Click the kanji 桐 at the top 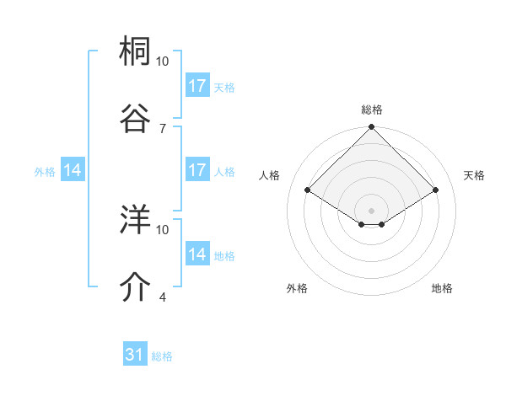[136, 52]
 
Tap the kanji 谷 [136, 117]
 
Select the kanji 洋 [136, 220]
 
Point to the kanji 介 [136, 286]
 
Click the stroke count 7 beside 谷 [162, 128]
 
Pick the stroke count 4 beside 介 [162, 297]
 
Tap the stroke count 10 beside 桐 [162, 62]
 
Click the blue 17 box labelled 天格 [197, 86]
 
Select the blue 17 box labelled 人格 [197, 170]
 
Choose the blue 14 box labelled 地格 [197, 254]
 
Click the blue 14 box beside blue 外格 [73, 170]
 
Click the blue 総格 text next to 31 [162, 356]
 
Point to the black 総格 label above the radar [371, 110]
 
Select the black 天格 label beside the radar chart [474, 175]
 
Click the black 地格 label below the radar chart [441, 288]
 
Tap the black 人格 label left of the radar [270, 175]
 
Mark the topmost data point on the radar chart [371, 128]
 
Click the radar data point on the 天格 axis [436, 190]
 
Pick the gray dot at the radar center [371, 210]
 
